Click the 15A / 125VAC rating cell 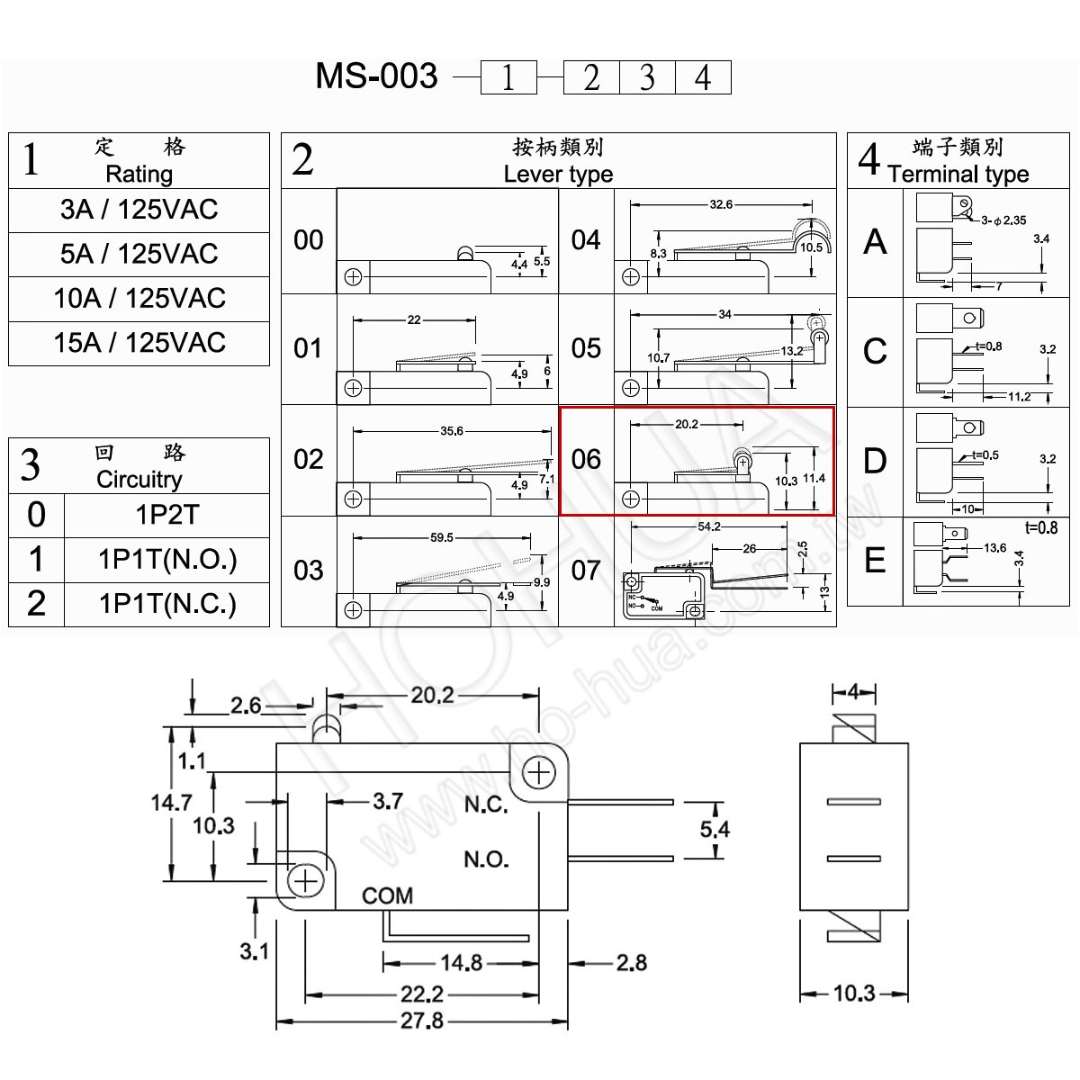(139, 343)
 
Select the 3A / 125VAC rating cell (139, 211)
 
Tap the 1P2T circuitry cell (167, 515)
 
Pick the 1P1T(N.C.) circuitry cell (167, 604)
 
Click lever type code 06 (586, 460)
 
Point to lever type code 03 (309, 571)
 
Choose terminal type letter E (875, 561)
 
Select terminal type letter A (875, 242)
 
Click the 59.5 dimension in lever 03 (442, 537)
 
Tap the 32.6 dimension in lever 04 (721, 204)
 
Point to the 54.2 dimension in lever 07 (709, 526)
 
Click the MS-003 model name (376, 76)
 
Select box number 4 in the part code (704, 77)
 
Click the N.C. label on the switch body (486, 805)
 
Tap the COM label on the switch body (387, 895)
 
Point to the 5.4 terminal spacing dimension (715, 829)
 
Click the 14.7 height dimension (172, 803)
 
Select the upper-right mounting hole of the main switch (538, 773)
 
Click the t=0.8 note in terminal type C (988, 346)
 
